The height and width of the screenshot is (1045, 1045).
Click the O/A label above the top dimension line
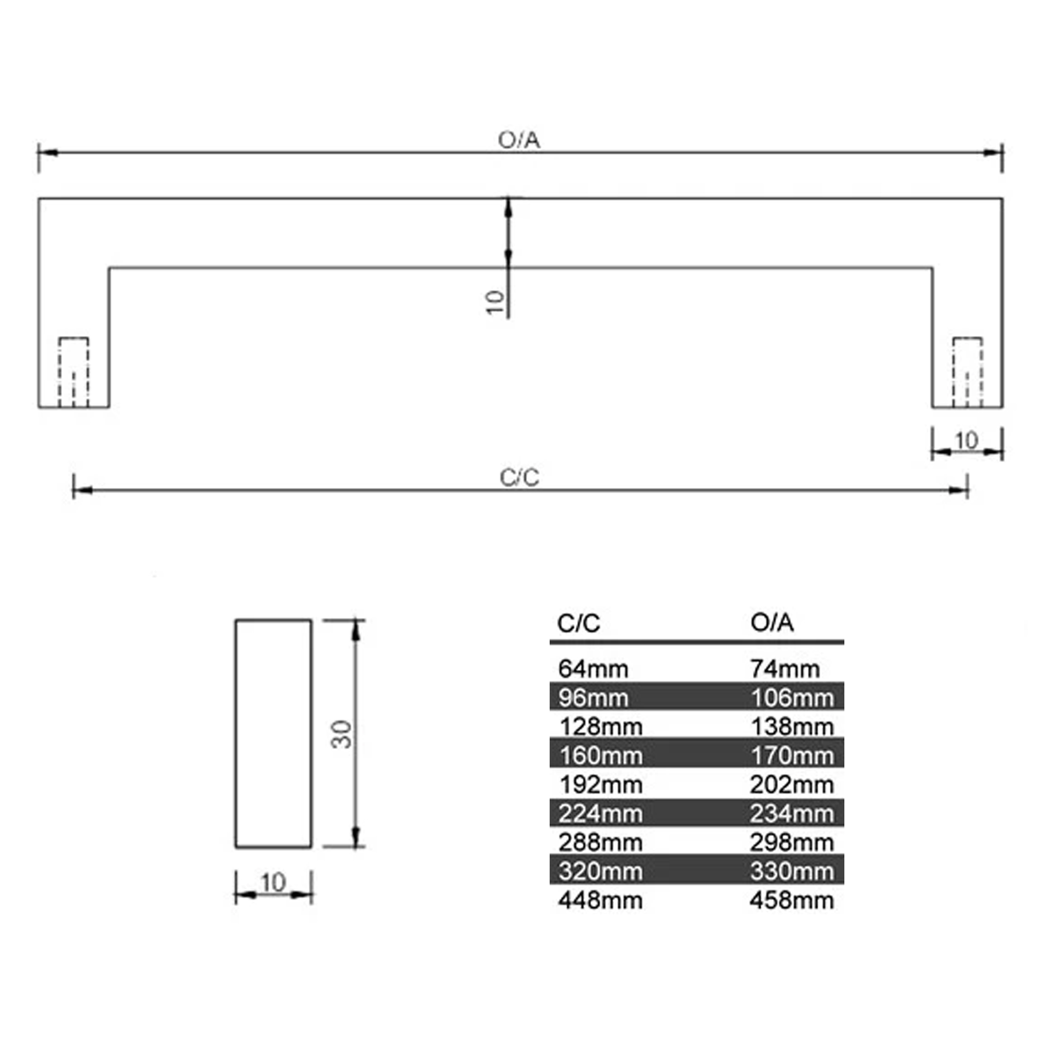[519, 140]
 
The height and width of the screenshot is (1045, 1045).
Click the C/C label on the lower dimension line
[519, 478]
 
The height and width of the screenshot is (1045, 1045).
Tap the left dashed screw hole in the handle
[74, 372]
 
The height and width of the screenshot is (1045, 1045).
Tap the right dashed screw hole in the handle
[967, 372]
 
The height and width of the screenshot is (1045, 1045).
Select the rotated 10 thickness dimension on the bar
[495, 303]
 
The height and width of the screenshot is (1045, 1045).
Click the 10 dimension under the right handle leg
[967, 441]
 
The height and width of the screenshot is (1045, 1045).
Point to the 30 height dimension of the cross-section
[341, 734]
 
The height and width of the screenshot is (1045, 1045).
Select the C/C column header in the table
[578, 624]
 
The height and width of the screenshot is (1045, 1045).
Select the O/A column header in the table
[772, 623]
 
